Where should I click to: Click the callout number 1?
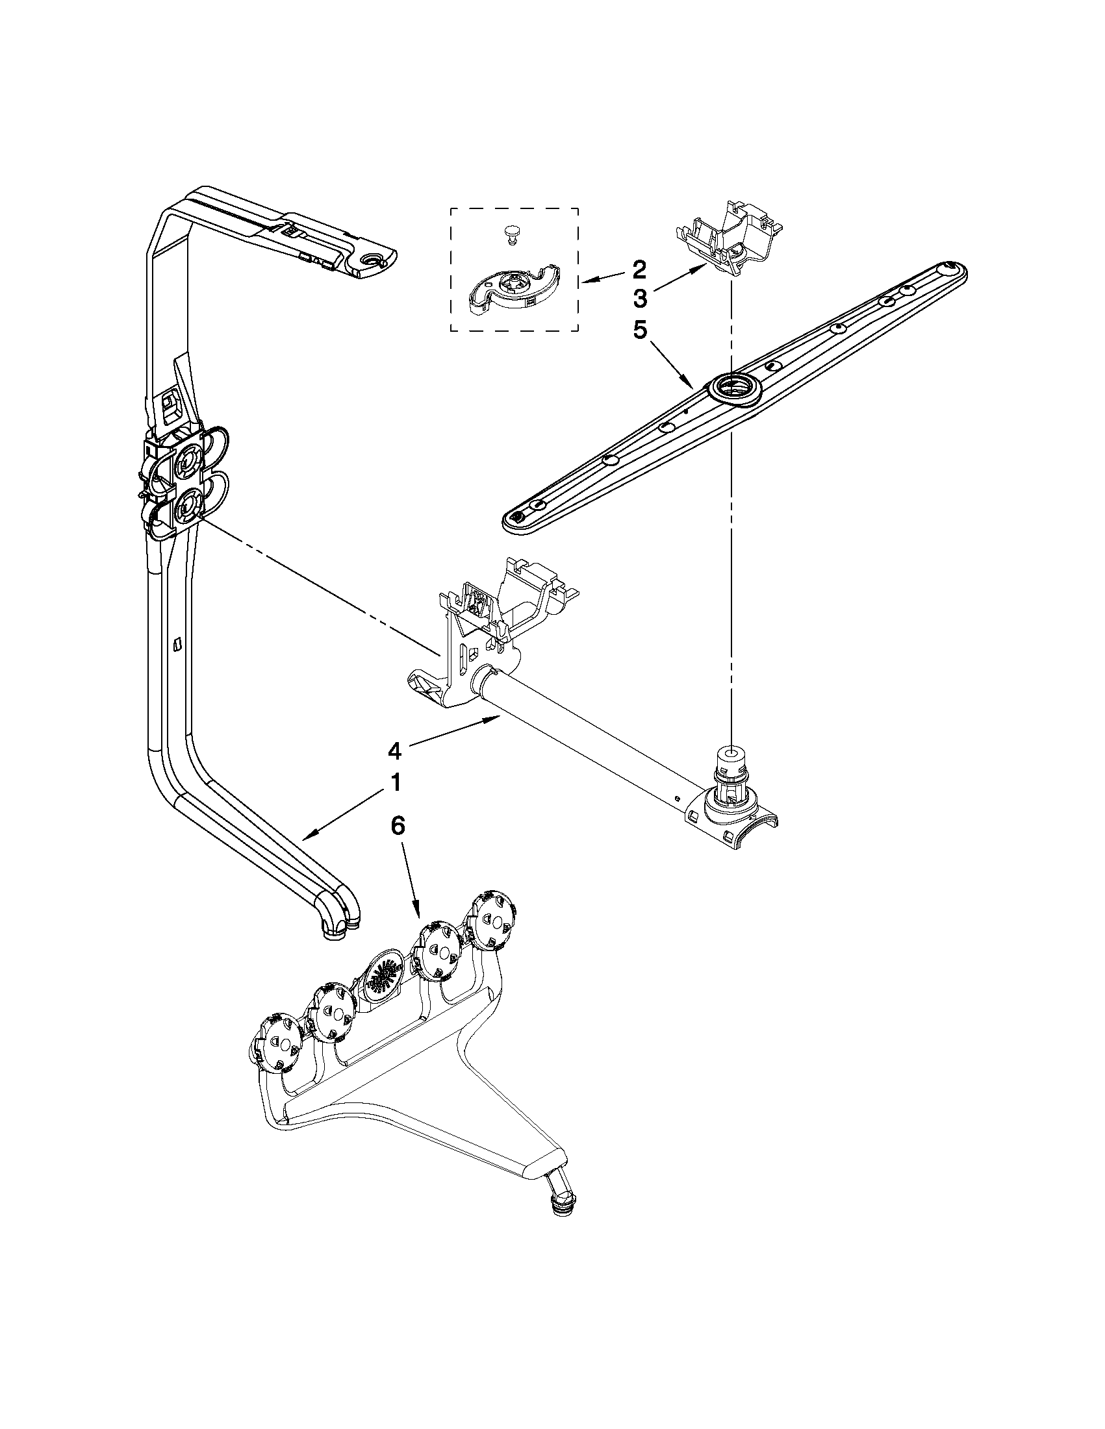pos(396,783)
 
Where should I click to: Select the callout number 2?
pos(639,269)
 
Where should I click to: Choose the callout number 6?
pos(398,826)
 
